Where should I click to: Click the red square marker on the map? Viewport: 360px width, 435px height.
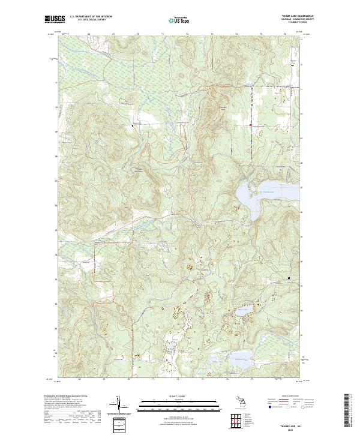[250, 124]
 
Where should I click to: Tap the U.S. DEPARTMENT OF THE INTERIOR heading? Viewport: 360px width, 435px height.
[91, 16]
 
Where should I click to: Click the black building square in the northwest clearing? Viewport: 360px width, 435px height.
[133, 125]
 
